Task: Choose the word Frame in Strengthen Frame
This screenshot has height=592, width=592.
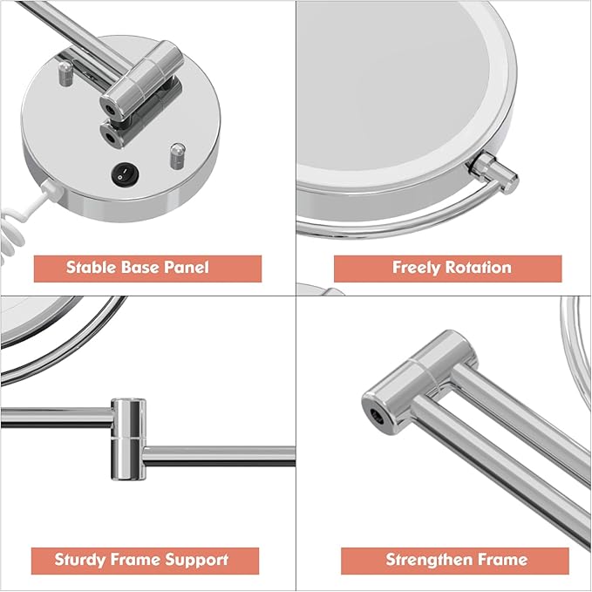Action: click(501, 559)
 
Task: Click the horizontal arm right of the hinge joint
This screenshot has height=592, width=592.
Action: click(218, 453)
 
